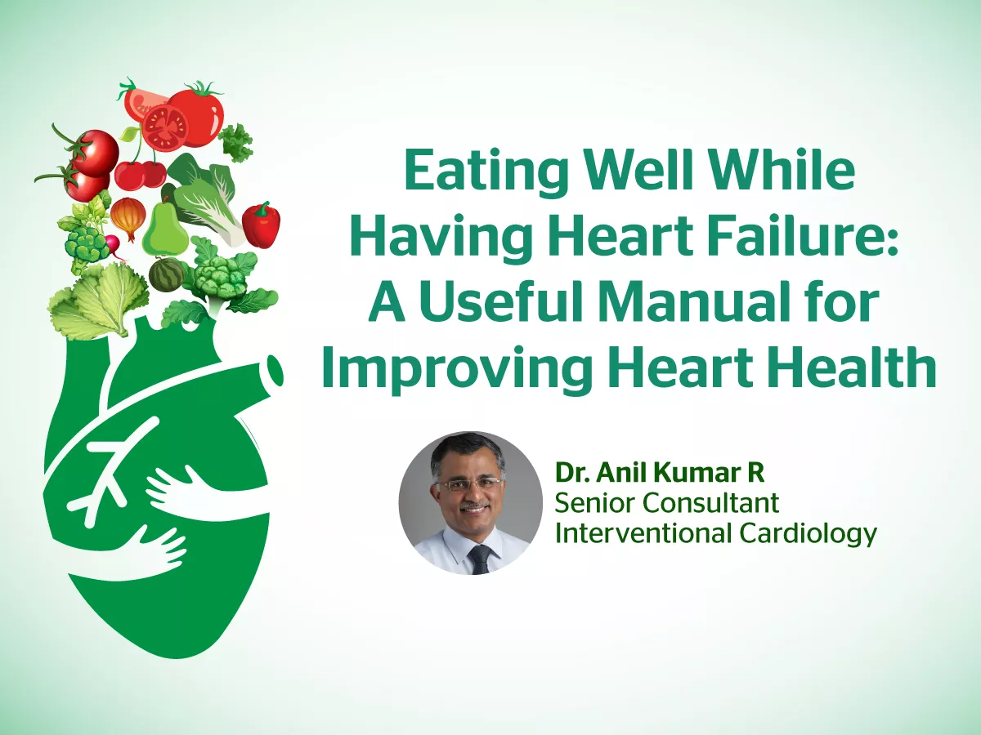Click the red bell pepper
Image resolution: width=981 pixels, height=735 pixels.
(262, 224)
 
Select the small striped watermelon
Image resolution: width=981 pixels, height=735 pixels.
(167, 274)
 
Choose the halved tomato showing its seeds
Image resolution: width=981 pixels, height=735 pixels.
(166, 127)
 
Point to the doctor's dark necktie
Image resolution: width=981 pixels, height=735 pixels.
(479, 559)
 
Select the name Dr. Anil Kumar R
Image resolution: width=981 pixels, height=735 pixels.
(659, 472)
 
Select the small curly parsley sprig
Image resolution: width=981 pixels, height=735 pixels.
(236, 140)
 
